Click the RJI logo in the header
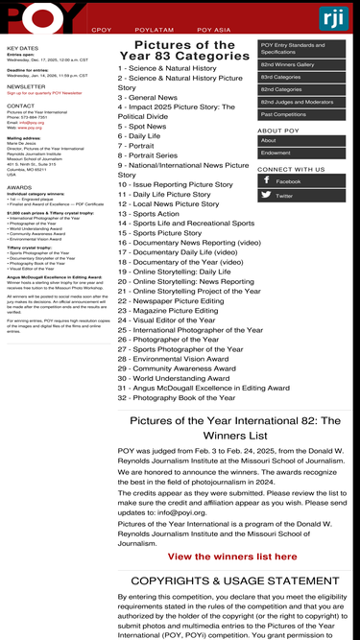pyautogui.click(x=334, y=18)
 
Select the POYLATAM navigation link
pyautogui.click(x=154, y=31)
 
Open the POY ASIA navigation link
pyautogui.click(x=214, y=31)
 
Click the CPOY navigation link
pyautogui.click(x=101, y=31)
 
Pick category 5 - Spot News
pyautogui.click(x=142, y=127)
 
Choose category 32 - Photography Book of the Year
pyautogui.click(x=176, y=397)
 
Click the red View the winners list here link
pyautogui.click(x=233, y=557)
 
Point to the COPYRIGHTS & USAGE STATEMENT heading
pyautogui.click(x=235, y=581)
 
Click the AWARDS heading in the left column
pyautogui.click(x=19, y=188)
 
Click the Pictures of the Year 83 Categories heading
pyautogui.click(x=184, y=50)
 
